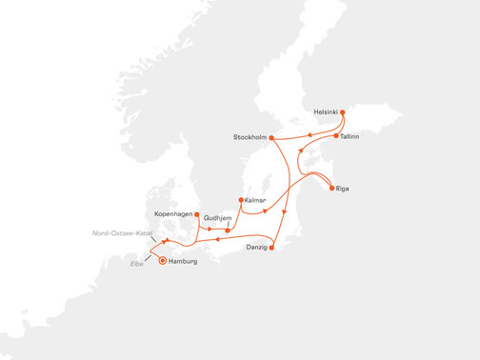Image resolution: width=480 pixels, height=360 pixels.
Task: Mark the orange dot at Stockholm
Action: [x=273, y=139]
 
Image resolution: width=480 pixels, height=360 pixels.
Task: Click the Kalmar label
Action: [x=254, y=201]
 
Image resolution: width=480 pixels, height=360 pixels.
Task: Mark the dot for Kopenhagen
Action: [x=196, y=215]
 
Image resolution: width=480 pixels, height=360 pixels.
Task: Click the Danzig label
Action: [x=254, y=249]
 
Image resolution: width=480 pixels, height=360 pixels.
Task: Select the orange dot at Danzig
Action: [x=272, y=249]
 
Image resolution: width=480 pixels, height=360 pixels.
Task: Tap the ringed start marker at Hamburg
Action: [x=162, y=260]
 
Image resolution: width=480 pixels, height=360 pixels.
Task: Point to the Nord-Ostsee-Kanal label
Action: [x=117, y=231]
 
